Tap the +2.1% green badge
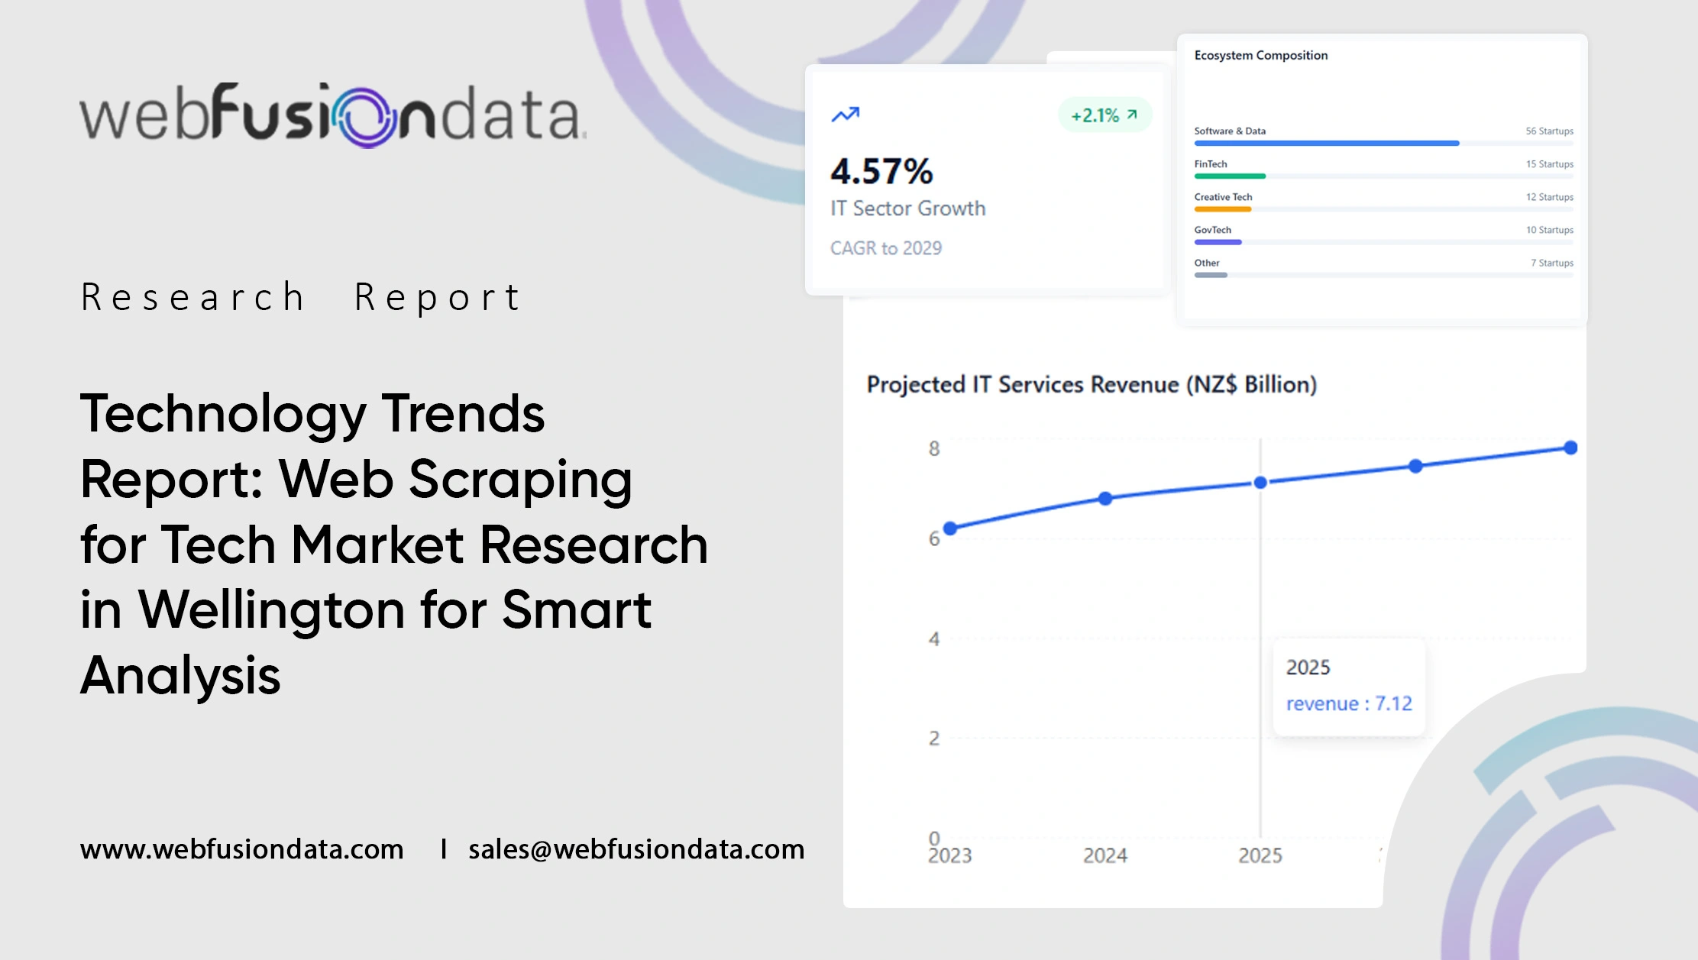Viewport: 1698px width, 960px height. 1104,115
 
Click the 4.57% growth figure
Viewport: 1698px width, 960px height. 881,171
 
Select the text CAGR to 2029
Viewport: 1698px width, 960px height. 886,248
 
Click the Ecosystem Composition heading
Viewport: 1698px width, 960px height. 1260,55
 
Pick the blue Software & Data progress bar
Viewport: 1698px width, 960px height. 1326,143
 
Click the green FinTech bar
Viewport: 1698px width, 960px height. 1230,176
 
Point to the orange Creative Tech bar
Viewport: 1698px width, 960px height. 1222,209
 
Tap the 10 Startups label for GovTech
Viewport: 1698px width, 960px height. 1549,230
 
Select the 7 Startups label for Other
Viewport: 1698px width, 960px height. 1551,263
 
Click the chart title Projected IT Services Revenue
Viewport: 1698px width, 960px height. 1091,384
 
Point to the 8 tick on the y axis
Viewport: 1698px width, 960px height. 933,449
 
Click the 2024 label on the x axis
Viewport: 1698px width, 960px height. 1105,856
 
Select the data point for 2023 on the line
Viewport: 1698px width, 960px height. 950,528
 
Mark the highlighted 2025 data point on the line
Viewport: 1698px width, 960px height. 1260,483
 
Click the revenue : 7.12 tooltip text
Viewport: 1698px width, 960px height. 1348,703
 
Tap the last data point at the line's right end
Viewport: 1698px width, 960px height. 1570,448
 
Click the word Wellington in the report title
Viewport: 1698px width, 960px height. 272,610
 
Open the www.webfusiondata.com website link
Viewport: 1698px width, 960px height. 241,849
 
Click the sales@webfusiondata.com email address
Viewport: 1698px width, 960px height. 636,849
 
